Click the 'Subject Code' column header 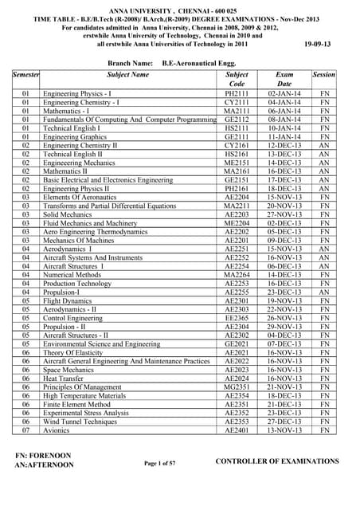click(x=237, y=79)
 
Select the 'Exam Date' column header click(x=284, y=79)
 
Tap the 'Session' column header click(x=324, y=74)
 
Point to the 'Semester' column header click(x=25, y=74)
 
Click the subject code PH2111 click(x=237, y=94)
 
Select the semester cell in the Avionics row click(x=25, y=430)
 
